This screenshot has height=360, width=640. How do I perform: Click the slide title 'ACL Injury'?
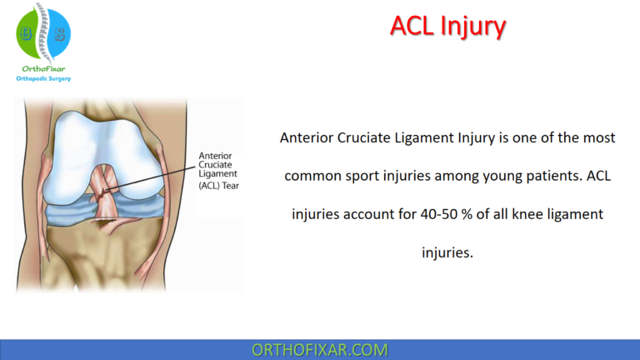click(447, 27)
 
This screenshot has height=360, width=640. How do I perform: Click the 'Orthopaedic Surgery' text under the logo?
click(43, 78)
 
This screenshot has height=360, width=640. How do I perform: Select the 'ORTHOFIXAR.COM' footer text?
click(319, 349)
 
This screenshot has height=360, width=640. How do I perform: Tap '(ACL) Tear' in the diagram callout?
click(218, 186)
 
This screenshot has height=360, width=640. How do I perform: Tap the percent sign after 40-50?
click(477, 214)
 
